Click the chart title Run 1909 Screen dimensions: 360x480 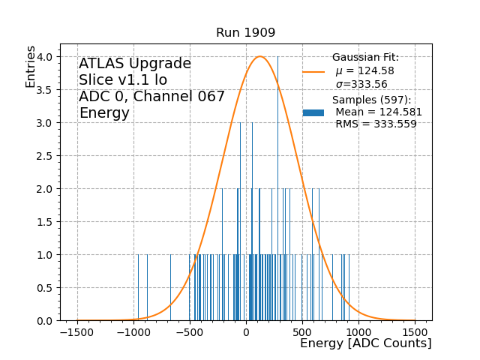245,33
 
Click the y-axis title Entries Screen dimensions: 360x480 31,66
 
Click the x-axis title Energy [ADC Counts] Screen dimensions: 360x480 365,343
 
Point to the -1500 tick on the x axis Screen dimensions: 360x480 78,321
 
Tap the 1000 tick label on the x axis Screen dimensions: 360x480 358,331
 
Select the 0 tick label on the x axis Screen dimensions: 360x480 246,331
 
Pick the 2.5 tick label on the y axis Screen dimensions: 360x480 45,156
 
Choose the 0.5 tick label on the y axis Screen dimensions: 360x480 45,288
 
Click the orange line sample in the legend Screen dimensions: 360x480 313,71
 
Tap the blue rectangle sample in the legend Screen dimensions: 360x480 313,112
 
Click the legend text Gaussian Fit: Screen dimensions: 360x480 365,58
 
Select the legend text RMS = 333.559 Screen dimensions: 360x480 376,124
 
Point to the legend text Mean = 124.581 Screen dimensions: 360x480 378,112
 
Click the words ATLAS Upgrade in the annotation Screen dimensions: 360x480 135,64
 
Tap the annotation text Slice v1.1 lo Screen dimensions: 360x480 123,80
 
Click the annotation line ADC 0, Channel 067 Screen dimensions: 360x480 151,97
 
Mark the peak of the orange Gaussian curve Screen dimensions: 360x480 260,56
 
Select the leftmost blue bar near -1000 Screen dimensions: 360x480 138,288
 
